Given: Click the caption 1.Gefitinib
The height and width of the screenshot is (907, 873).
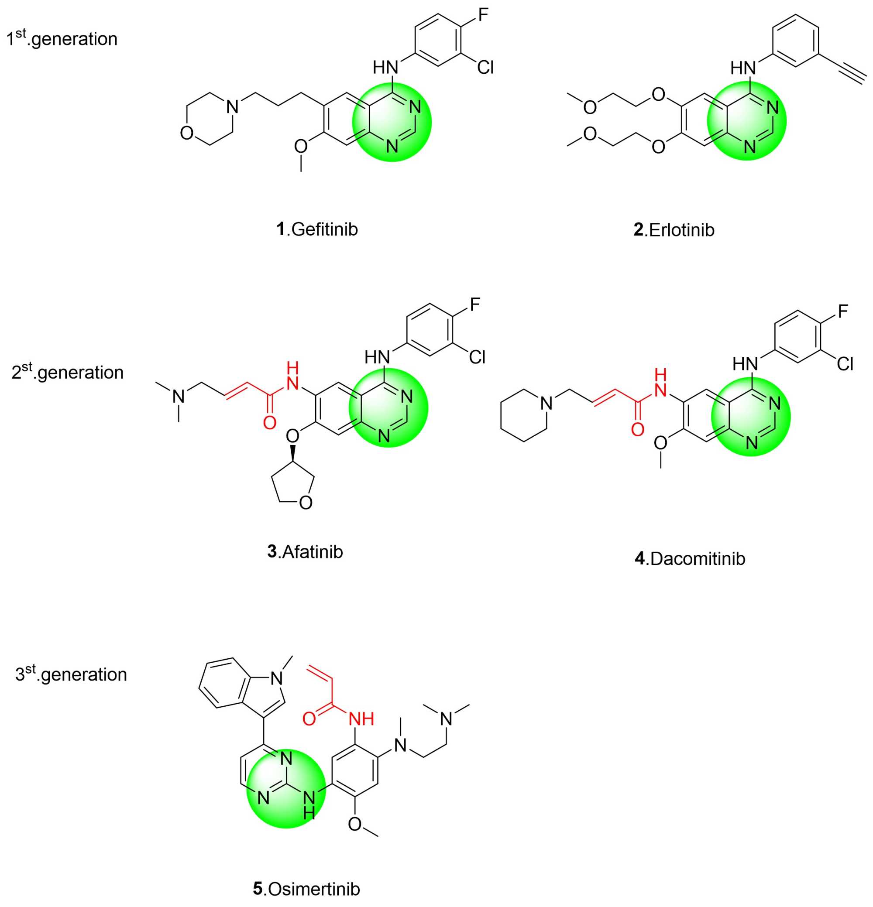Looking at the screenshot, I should pos(317,229).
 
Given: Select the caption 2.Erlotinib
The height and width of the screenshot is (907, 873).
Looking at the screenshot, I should pos(674,230).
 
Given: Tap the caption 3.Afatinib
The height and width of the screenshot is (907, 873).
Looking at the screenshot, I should pos(305,551).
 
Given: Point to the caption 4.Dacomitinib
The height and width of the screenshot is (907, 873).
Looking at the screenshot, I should pos(690,558).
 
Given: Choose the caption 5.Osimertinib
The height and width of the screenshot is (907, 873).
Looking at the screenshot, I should pos(306,889).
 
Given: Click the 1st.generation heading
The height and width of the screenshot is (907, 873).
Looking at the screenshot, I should pos(62,38).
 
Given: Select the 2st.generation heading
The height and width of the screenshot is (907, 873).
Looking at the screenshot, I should pos(68,372).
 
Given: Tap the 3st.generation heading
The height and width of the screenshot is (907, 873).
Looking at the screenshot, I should pos(71,674).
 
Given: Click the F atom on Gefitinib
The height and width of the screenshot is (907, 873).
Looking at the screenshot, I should pos(483,15).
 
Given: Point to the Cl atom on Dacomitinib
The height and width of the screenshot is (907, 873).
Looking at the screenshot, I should pos(845,364).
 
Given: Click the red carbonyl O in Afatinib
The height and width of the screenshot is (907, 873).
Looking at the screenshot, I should pos(269,422).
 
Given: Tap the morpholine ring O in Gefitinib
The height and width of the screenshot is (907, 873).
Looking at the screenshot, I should pos(186,133).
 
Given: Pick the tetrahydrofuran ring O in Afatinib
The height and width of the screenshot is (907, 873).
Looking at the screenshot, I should pos(306,503).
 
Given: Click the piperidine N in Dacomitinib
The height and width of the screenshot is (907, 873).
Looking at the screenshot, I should pos(546,403).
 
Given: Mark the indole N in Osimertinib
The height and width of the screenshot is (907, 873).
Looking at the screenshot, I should pos(276,678).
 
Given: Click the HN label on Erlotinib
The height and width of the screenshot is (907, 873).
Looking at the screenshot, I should pos(743,68).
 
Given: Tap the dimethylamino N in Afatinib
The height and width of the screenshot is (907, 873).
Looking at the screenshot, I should pos(178,396).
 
